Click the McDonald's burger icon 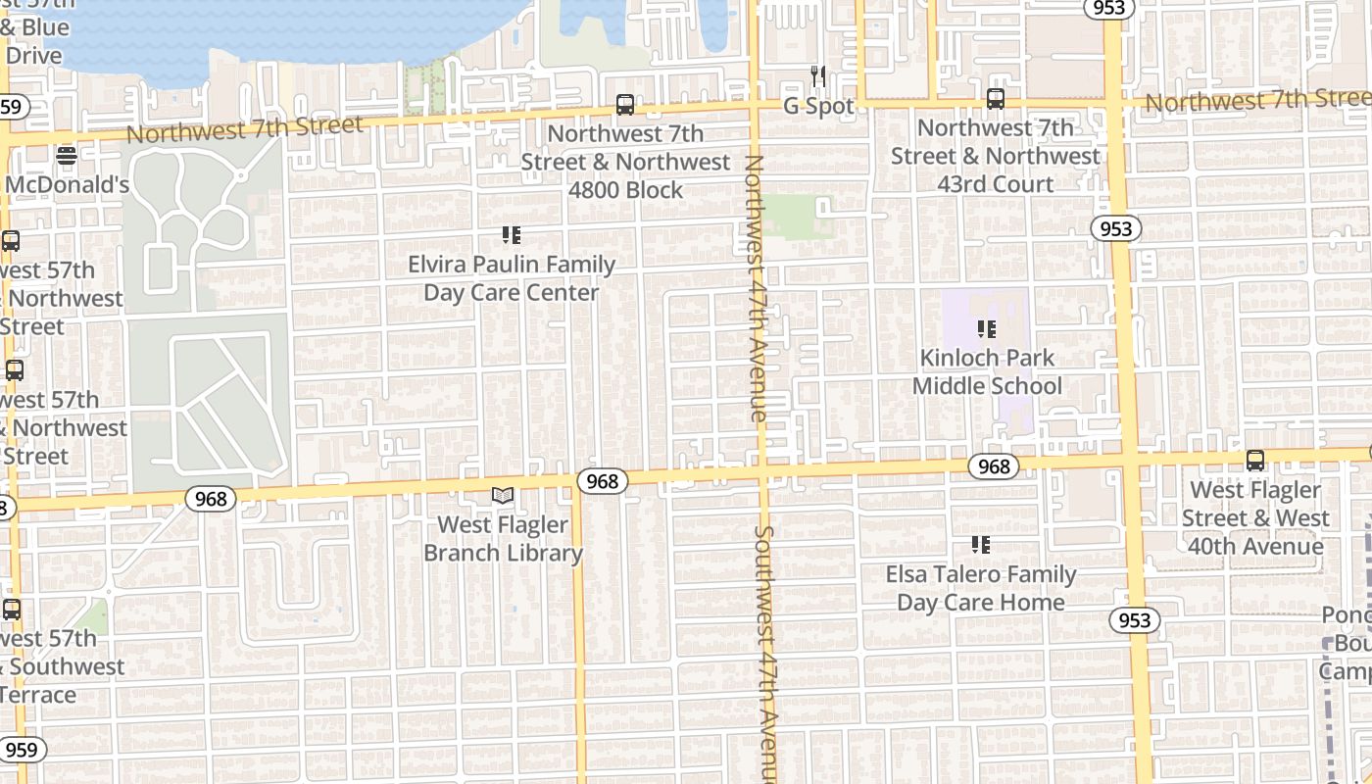pyautogui.click(x=67, y=155)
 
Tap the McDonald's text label pyautogui.click(x=67, y=185)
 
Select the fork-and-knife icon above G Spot pyautogui.click(x=818, y=75)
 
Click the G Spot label pyautogui.click(x=818, y=106)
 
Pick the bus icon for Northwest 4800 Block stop pyautogui.click(x=625, y=105)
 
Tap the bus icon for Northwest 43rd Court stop pyautogui.click(x=996, y=99)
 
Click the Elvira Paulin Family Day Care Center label pyautogui.click(x=512, y=278)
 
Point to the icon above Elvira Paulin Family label pyautogui.click(x=512, y=235)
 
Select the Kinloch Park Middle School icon pyautogui.click(x=987, y=329)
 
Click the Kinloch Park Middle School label pyautogui.click(x=987, y=372)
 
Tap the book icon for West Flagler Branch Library pyautogui.click(x=503, y=496)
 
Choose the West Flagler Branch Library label pyautogui.click(x=503, y=539)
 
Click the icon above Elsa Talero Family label pyautogui.click(x=981, y=545)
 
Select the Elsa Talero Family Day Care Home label pyautogui.click(x=981, y=588)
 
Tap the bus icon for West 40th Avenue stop pyautogui.click(x=1255, y=461)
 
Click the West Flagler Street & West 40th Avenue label pyautogui.click(x=1255, y=517)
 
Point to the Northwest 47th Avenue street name pyautogui.click(x=755, y=288)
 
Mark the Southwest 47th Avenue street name pyautogui.click(x=764, y=652)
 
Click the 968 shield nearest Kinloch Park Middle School pyautogui.click(x=994, y=466)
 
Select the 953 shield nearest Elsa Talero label pyautogui.click(x=1135, y=620)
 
